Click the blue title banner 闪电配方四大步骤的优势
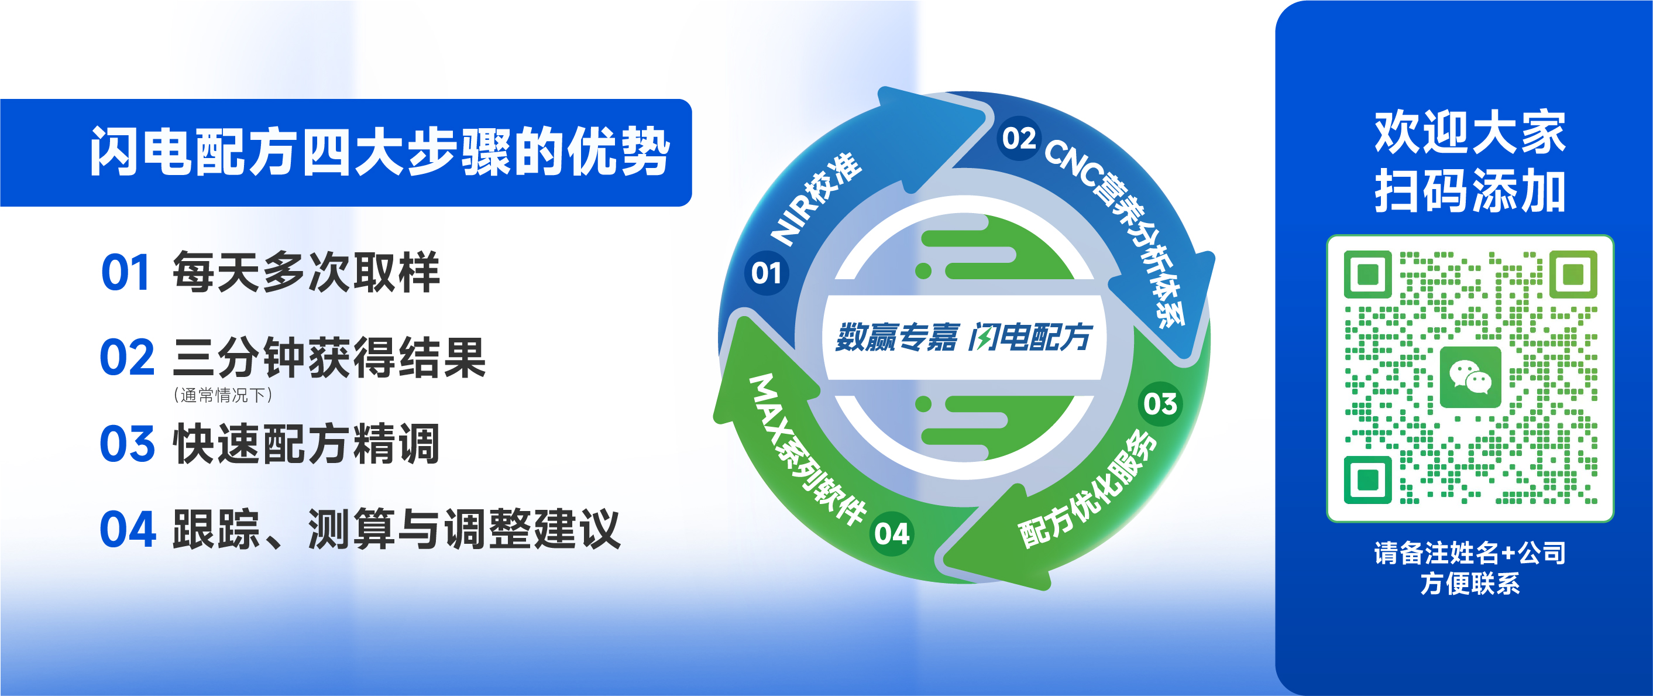346,152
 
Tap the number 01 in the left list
126,273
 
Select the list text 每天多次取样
306,272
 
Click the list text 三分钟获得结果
328,358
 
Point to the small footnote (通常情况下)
223,395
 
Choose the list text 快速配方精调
306,443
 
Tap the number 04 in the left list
128,529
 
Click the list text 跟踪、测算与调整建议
397,529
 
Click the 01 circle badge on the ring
766,273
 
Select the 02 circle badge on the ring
1019,138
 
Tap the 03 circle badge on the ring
1160,404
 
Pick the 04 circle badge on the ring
892,533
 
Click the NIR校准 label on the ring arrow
816,198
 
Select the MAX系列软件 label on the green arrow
807,450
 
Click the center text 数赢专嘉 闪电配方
963,337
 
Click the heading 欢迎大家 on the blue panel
1469,132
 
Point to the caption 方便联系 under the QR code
1469,584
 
